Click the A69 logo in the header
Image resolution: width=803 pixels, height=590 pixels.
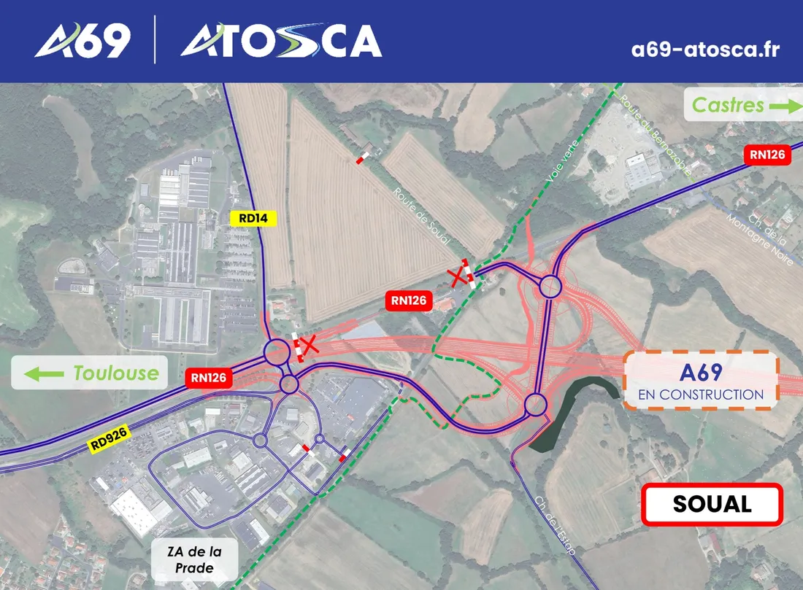[x=82, y=40]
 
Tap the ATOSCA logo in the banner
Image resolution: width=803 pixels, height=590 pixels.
[x=281, y=40]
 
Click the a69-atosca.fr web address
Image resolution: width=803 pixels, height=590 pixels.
[x=705, y=49]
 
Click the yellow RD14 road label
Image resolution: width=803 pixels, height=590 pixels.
[x=253, y=217]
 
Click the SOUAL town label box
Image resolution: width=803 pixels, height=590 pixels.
[x=712, y=504]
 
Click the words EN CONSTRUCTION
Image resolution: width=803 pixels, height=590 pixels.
[x=700, y=395]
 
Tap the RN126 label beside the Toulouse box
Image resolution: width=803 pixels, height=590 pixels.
[x=211, y=378]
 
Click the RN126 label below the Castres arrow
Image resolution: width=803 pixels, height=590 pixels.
[x=766, y=155]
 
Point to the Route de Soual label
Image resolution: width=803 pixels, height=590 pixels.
[x=421, y=216]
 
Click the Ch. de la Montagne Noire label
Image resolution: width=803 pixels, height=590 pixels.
[x=758, y=233]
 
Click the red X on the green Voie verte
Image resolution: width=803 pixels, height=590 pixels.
[x=458, y=276]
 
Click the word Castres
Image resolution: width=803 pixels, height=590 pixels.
[x=728, y=106]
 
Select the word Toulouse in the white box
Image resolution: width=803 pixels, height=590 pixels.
[x=115, y=373]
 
